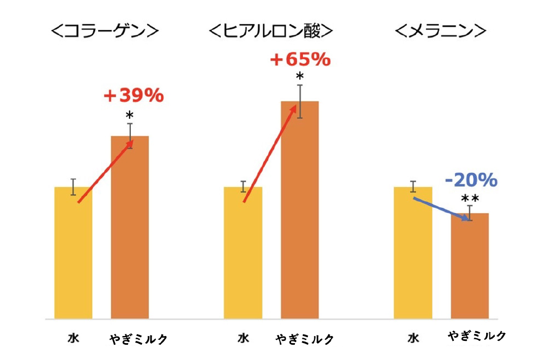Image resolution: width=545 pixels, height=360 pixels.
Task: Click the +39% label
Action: (x=134, y=96)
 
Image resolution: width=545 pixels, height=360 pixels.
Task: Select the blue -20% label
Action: (x=471, y=180)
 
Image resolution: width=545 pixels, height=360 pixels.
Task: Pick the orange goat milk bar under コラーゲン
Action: (x=130, y=229)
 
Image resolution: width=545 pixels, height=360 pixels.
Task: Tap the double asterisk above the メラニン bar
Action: (x=470, y=199)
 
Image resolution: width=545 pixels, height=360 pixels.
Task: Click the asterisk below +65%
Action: (x=300, y=76)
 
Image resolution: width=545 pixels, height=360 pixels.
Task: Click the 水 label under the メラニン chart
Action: (x=413, y=338)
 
